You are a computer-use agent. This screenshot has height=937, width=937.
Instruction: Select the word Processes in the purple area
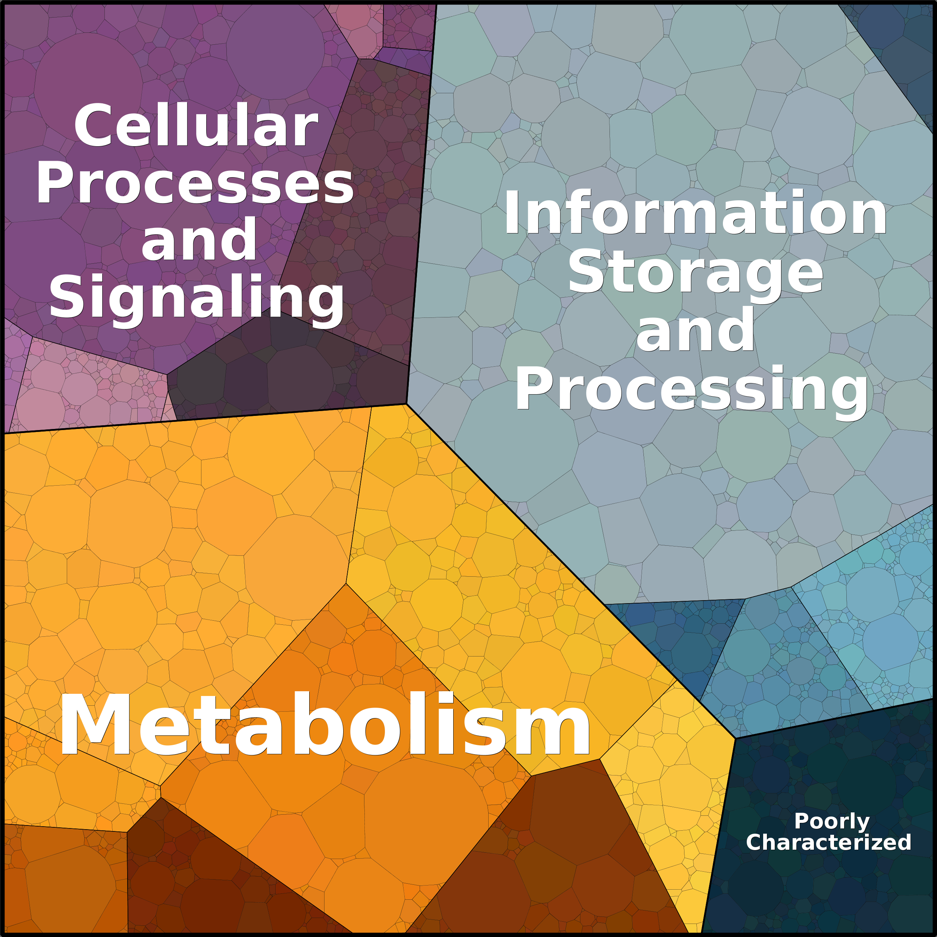(195, 183)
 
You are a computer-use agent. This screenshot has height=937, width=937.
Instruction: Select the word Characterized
(828, 842)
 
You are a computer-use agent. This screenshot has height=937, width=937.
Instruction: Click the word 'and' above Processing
(695, 330)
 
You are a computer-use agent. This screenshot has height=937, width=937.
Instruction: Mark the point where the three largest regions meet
(407, 404)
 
